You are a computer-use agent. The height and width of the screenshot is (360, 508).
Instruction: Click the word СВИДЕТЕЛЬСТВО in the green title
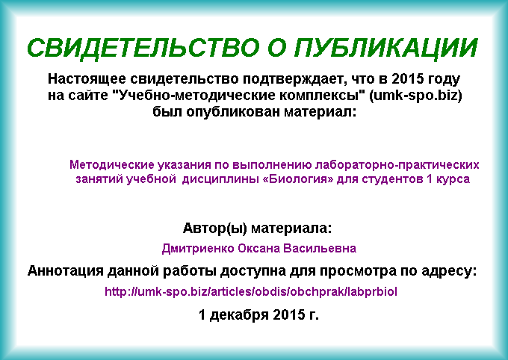tap(143, 48)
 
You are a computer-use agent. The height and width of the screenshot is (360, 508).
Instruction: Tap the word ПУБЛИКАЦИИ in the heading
tap(386, 48)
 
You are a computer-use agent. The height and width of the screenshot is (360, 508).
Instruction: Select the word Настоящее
tap(87, 79)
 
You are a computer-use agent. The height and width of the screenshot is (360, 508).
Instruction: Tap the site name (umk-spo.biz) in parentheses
tap(415, 96)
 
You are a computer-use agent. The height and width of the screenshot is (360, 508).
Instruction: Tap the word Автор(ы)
tap(215, 229)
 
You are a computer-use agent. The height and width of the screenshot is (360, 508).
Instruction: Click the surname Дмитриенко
tap(198, 249)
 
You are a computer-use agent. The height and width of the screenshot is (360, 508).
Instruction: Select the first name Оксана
tap(258, 249)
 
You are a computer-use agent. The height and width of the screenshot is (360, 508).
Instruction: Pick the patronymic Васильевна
tap(320, 249)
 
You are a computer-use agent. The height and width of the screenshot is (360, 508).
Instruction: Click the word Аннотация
tap(66, 271)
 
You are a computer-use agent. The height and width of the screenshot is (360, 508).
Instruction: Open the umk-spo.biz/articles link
tap(251, 291)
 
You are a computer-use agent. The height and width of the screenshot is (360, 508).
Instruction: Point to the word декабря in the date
tap(239, 315)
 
